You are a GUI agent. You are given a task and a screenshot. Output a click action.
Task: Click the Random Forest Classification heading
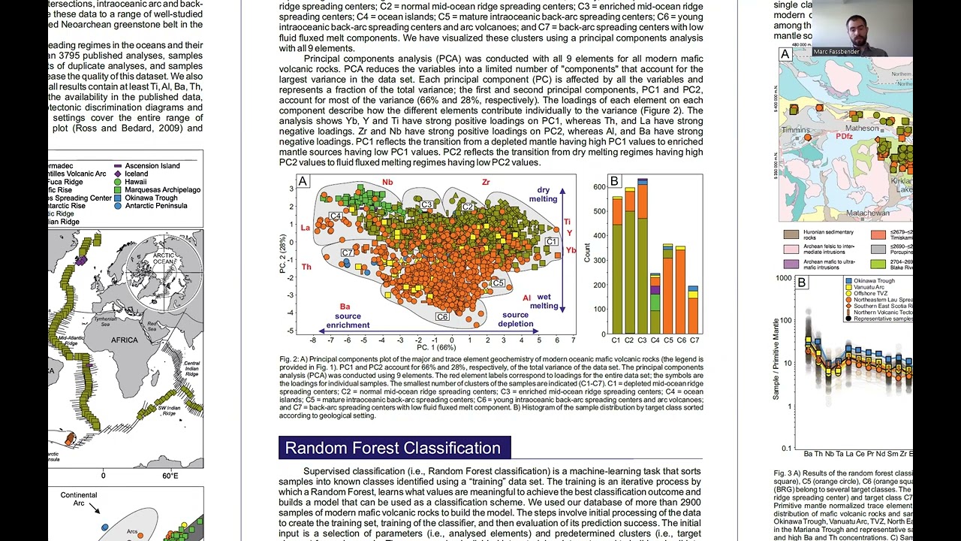point(393,448)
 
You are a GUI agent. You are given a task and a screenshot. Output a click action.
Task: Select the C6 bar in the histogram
point(680,289)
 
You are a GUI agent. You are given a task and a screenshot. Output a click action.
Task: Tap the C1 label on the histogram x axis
point(617,340)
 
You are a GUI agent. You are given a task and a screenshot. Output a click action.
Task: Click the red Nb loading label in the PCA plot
point(387,183)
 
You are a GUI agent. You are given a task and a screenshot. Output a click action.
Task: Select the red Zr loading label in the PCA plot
point(486,183)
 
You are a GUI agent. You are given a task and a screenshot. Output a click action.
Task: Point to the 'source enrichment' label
point(348,321)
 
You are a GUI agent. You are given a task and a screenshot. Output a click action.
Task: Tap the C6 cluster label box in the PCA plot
point(442,317)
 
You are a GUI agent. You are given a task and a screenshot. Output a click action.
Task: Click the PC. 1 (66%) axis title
point(436,347)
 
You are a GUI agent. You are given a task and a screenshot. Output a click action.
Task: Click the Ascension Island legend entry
point(152,165)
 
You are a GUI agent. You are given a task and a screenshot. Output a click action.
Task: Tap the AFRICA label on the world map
point(124,340)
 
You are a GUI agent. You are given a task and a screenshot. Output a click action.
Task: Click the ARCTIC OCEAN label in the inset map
point(163,258)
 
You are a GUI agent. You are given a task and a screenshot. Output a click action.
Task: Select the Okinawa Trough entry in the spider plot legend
point(874,281)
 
